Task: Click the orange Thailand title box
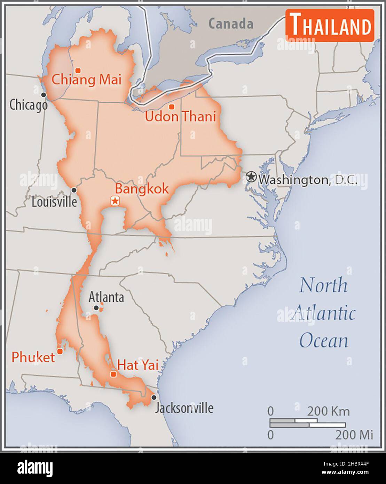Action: point(330,25)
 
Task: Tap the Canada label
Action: point(231,24)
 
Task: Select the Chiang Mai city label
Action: point(86,80)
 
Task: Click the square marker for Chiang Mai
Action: point(78,70)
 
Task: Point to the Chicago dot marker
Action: point(44,95)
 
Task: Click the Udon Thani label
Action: point(180,116)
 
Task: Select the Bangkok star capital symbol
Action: point(115,201)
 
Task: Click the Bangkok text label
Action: point(142,189)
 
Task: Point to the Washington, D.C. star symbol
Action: point(251,177)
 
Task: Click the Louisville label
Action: point(54,202)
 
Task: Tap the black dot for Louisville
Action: point(74,190)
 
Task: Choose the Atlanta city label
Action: point(106,297)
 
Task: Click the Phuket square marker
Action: point(60,351)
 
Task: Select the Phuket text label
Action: point(33,357)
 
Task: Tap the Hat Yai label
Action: point(138,365)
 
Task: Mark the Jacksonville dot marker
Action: point(153,397)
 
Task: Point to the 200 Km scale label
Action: point(328,411)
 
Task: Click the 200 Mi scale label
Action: point(354,435)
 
